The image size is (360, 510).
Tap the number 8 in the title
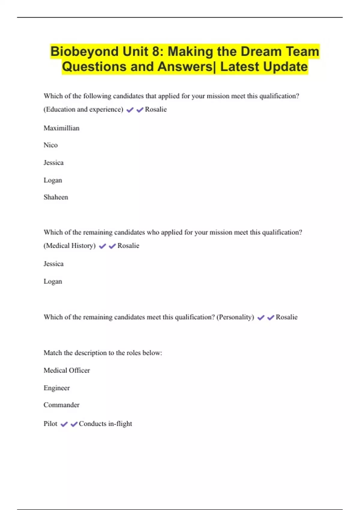(156, 52)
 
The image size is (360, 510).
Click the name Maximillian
(61, 128)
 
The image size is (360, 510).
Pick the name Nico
(50, 145)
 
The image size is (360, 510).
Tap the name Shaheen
(56, 197)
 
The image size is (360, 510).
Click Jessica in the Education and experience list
(53, 163)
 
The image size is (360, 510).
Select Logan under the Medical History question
(53, 281)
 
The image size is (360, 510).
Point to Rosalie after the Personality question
(286, 317)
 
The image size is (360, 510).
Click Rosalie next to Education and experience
(156, 109)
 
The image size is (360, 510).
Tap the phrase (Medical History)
(70, 246)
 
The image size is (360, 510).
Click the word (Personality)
(235, 317)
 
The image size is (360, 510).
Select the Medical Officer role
(67, 370)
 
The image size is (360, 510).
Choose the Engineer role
(56, 388)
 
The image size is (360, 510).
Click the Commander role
(61, 405)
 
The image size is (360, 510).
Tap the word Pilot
(50, 424)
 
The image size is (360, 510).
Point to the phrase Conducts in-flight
(105, 424)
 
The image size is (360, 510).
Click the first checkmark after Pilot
(64, 424)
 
